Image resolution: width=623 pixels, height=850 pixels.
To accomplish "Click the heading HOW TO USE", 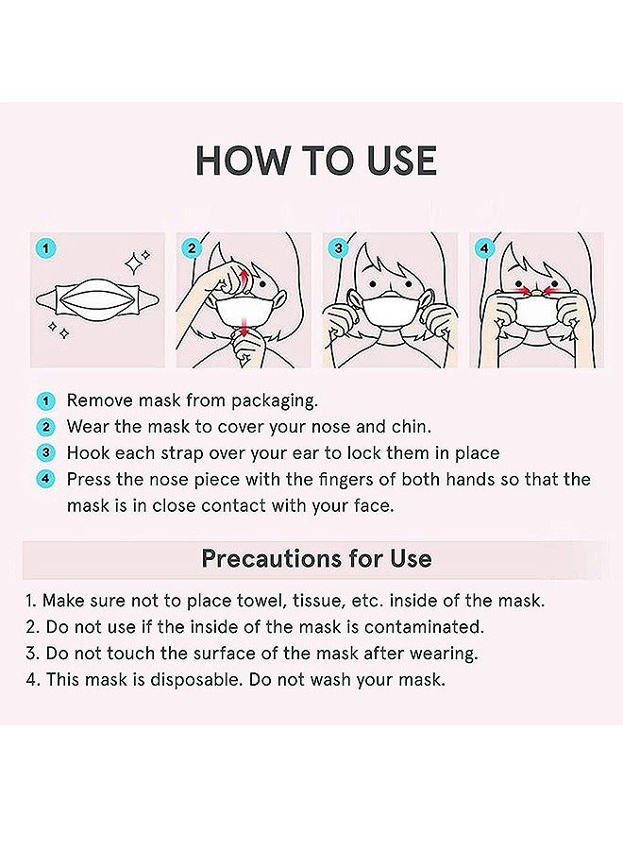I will [x=315, y=161].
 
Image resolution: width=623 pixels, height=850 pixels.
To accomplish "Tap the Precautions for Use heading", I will [x=316, y=558].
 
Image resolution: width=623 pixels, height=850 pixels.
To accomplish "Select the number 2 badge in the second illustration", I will [x=193, y=249].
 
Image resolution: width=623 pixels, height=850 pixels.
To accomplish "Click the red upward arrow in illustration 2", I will [x=244, y=278].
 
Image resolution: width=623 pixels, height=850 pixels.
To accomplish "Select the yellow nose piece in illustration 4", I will [x=536, y=292].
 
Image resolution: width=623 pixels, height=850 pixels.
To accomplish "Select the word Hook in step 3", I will [x=87, y=453].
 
